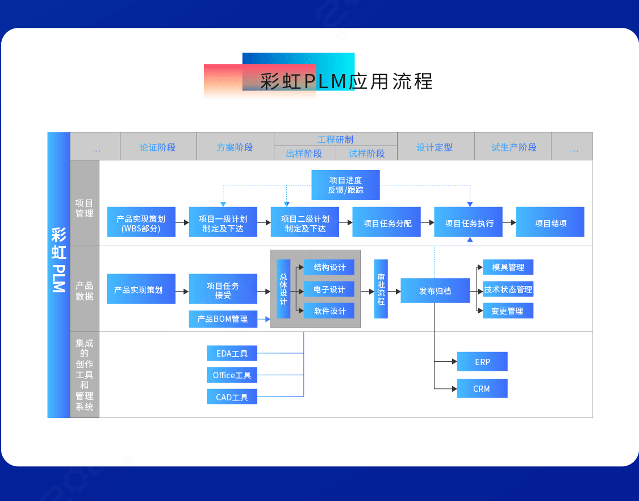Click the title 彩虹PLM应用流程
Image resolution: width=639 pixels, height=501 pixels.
346,81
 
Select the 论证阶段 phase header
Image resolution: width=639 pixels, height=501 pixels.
158,147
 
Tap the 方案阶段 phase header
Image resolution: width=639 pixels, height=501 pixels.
235,147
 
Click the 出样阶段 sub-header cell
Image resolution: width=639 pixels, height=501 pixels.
304,154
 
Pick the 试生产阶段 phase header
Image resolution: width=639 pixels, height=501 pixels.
513,147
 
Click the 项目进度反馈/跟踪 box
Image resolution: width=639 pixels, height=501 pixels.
345,185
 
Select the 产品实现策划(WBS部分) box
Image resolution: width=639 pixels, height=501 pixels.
141,223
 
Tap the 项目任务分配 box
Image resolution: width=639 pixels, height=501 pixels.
387,223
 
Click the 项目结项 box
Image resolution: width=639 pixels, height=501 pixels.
550,223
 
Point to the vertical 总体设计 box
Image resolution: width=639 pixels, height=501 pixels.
283,289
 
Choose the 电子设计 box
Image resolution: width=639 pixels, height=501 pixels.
329,289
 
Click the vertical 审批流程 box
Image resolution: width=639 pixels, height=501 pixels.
381,289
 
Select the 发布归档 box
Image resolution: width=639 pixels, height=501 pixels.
435,291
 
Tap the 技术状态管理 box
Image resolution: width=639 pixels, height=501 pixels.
508,289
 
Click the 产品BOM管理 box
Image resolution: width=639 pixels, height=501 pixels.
223,319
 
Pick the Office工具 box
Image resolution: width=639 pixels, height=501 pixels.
232,375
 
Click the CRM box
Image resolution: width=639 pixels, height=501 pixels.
482,389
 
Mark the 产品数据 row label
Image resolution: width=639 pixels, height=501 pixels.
84,291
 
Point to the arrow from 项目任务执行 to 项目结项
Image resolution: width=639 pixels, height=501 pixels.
509,223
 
